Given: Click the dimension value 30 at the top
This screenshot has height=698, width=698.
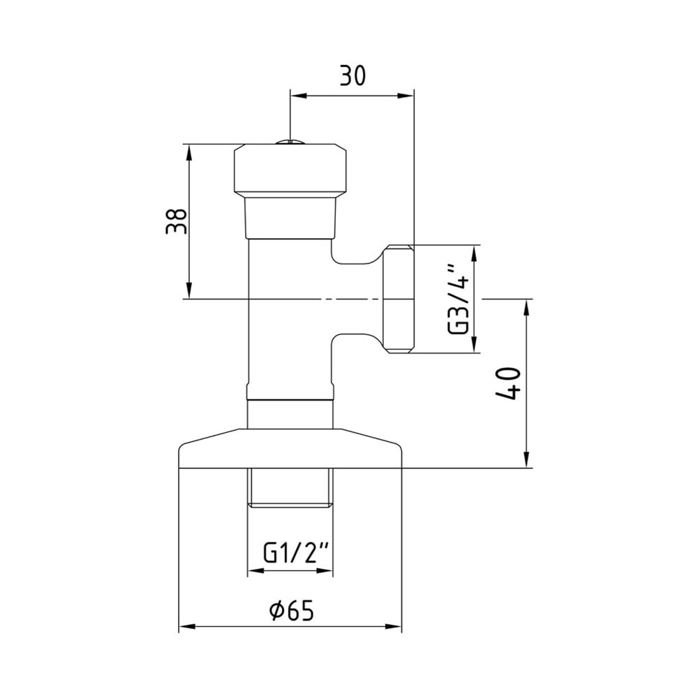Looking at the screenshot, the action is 352,75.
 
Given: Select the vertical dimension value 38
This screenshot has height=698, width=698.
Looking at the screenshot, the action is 177,221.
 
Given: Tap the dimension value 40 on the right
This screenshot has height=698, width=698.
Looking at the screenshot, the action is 507,383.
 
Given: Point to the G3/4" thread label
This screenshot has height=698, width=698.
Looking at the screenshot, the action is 458,299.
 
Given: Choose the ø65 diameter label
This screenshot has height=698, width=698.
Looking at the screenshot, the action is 292,609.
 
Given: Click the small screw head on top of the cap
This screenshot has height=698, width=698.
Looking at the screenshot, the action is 290,142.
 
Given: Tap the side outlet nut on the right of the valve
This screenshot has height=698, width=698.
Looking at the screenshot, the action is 398,299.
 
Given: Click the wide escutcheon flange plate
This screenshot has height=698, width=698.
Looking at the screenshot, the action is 290,448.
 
